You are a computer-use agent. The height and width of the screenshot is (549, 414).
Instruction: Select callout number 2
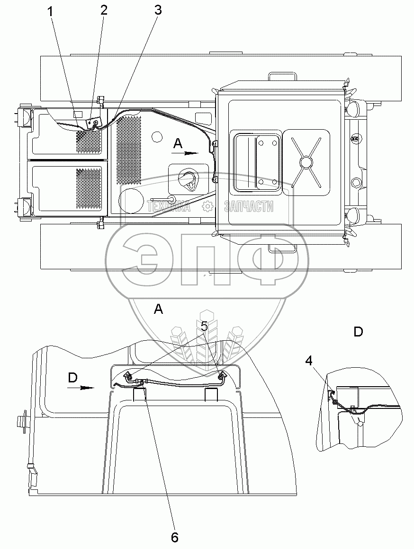(104, 11)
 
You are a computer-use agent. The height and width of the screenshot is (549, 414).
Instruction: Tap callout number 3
(158, 10)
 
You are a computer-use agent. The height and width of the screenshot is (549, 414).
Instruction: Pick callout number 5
(205, 326)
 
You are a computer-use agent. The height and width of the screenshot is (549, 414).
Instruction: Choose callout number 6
(174, 538)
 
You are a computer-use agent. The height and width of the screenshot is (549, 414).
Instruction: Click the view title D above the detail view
(358, 332)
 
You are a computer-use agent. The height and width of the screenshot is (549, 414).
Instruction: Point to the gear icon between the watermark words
(207, 206)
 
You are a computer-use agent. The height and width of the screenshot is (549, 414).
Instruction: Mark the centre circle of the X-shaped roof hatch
(306, 162)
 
